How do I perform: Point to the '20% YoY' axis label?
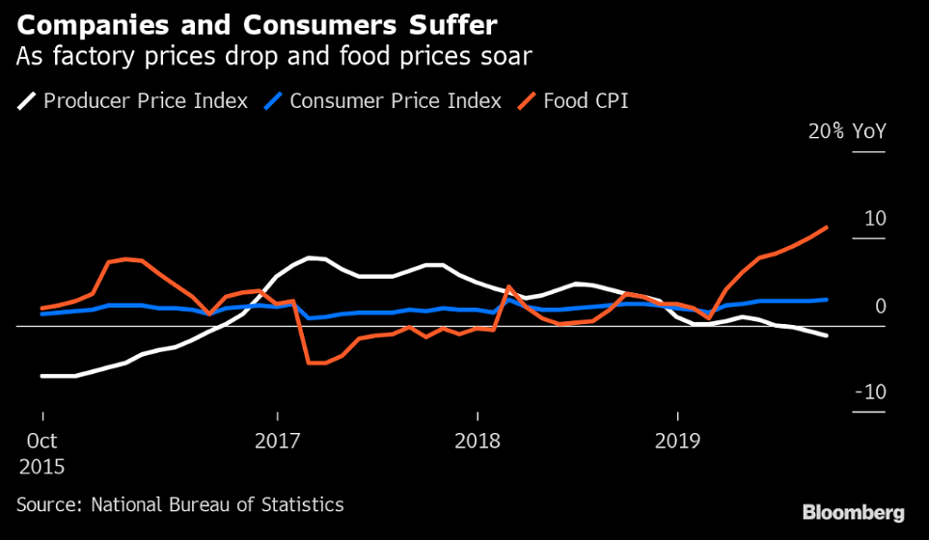point(846,132)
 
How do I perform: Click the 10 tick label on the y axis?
point(874,219)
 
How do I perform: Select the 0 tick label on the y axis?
point(880,307)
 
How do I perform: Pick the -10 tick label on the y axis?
point(870,392)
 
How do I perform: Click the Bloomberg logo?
point(853,512)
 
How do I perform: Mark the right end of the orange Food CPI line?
point(827,228)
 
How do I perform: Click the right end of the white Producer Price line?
point(827,336)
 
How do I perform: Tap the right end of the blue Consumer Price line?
point(827,300)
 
